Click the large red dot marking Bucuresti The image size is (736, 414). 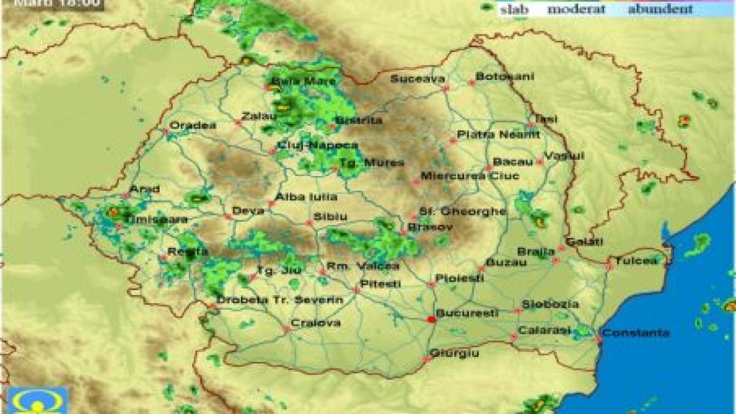[432, 320]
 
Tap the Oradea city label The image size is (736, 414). [193, 125]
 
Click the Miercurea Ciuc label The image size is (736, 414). [469, 176]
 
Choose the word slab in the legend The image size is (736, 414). [514, 9]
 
